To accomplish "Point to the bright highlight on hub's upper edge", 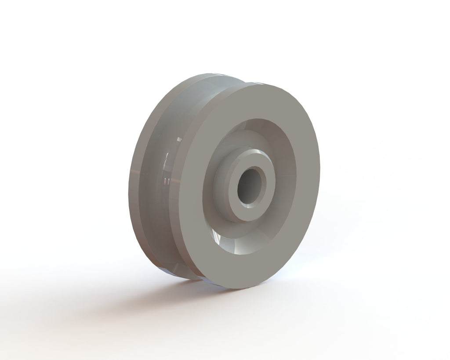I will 255,152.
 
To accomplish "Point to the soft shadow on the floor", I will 145,303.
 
